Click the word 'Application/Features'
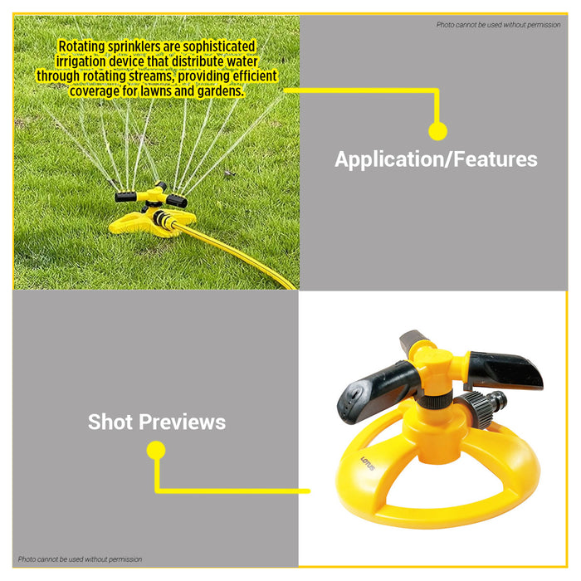[x=436, y=159]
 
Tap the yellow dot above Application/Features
[x=437, y=130]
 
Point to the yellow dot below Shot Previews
[x=156, y=451]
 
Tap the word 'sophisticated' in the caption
[x=210, y=46]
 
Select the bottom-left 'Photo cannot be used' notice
[x=80, y=559]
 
